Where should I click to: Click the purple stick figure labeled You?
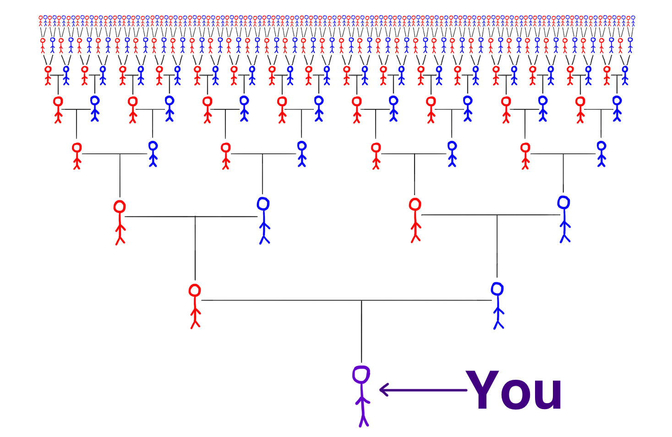coord(362,396)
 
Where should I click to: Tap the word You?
coord(514,391)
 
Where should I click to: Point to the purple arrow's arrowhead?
coord(383,390)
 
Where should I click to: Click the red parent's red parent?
coord(120,221)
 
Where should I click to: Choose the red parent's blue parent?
coord(264,220)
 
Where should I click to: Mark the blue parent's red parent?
coord(415,219)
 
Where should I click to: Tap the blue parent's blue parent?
coord(564,218)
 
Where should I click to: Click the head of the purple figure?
coord(361,375)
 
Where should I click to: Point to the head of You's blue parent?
coord(497,289)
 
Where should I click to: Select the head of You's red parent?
coord(195,291)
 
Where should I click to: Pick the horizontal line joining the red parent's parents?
coord(192,216)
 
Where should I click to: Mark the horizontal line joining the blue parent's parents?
coord(490,215)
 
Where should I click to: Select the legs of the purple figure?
coord(364,416)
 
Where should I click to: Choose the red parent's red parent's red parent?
coord(77,155)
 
